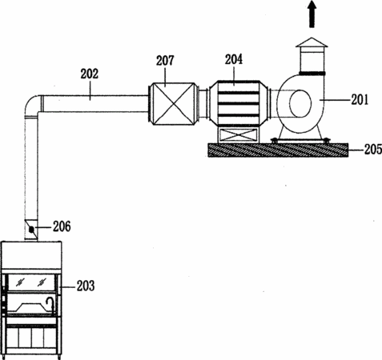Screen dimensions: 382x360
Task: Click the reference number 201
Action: [360, 100]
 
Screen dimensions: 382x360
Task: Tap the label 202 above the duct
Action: [90, 74]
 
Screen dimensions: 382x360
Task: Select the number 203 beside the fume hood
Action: [86, 286]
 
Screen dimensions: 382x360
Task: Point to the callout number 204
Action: [234, 59]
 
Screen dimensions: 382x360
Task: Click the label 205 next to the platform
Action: [373, 150]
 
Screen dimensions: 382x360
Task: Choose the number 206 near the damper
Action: [62, 226]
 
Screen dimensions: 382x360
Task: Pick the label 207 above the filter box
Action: [165, 61]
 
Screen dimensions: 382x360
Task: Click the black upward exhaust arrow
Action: [312, 14]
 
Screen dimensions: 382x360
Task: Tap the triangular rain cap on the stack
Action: [312, 42]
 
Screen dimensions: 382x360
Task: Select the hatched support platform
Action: [278, 150]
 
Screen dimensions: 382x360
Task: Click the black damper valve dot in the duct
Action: [31, 229]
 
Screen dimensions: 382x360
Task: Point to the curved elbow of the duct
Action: [30, 102]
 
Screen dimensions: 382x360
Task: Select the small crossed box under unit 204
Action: [239, 135]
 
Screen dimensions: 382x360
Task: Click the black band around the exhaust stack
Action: [312, 73]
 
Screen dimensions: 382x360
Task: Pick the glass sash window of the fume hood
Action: [31, 282]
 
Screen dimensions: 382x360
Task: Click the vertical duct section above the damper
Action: [31, 168]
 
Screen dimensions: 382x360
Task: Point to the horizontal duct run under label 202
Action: [94, 103]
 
